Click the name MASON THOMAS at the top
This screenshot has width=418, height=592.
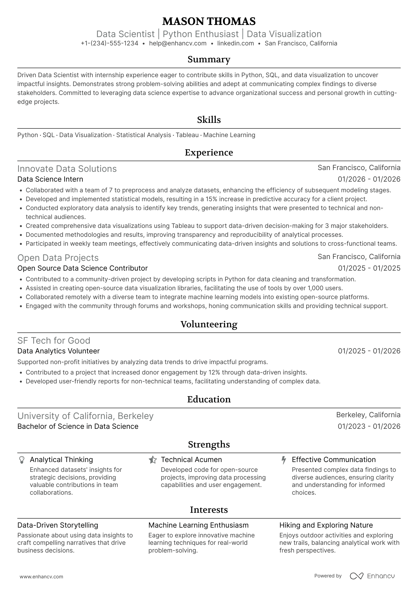pos(209,21)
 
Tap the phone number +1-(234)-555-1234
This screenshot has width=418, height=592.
pos(109,43)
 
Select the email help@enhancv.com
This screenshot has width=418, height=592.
pos(178,43)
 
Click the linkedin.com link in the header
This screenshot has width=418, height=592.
pos(235,43)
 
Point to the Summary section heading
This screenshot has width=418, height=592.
pos(209,59)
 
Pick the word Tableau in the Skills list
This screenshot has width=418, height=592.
pos(187,135)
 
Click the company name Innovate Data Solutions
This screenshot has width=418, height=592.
pos(67,169)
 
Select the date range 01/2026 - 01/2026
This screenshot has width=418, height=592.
pos(369,179)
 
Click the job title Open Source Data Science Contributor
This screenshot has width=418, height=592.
pos(82,268)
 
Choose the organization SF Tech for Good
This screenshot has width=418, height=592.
pos(54,341)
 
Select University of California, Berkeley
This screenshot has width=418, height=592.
pos(85,416)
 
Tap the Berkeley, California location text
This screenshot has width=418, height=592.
pos(368,415)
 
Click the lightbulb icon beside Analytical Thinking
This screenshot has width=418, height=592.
pos(22,460)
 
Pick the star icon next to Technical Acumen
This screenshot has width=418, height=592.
pos(152,460)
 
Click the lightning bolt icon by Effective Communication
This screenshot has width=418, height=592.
pos(284,460)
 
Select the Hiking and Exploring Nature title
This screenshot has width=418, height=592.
pos(326,525)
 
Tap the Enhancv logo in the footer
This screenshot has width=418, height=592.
pos(372,576)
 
